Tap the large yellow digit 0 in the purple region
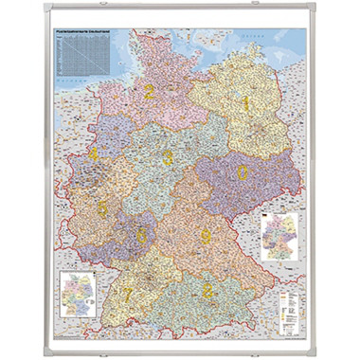pyautogui.click(x=243, y=173)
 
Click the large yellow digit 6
pyautogui.click(x=142, y=233)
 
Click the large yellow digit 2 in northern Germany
pyautogui.click(x=149, y=92)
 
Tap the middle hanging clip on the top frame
pyautogui.click(x=180, y=17)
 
